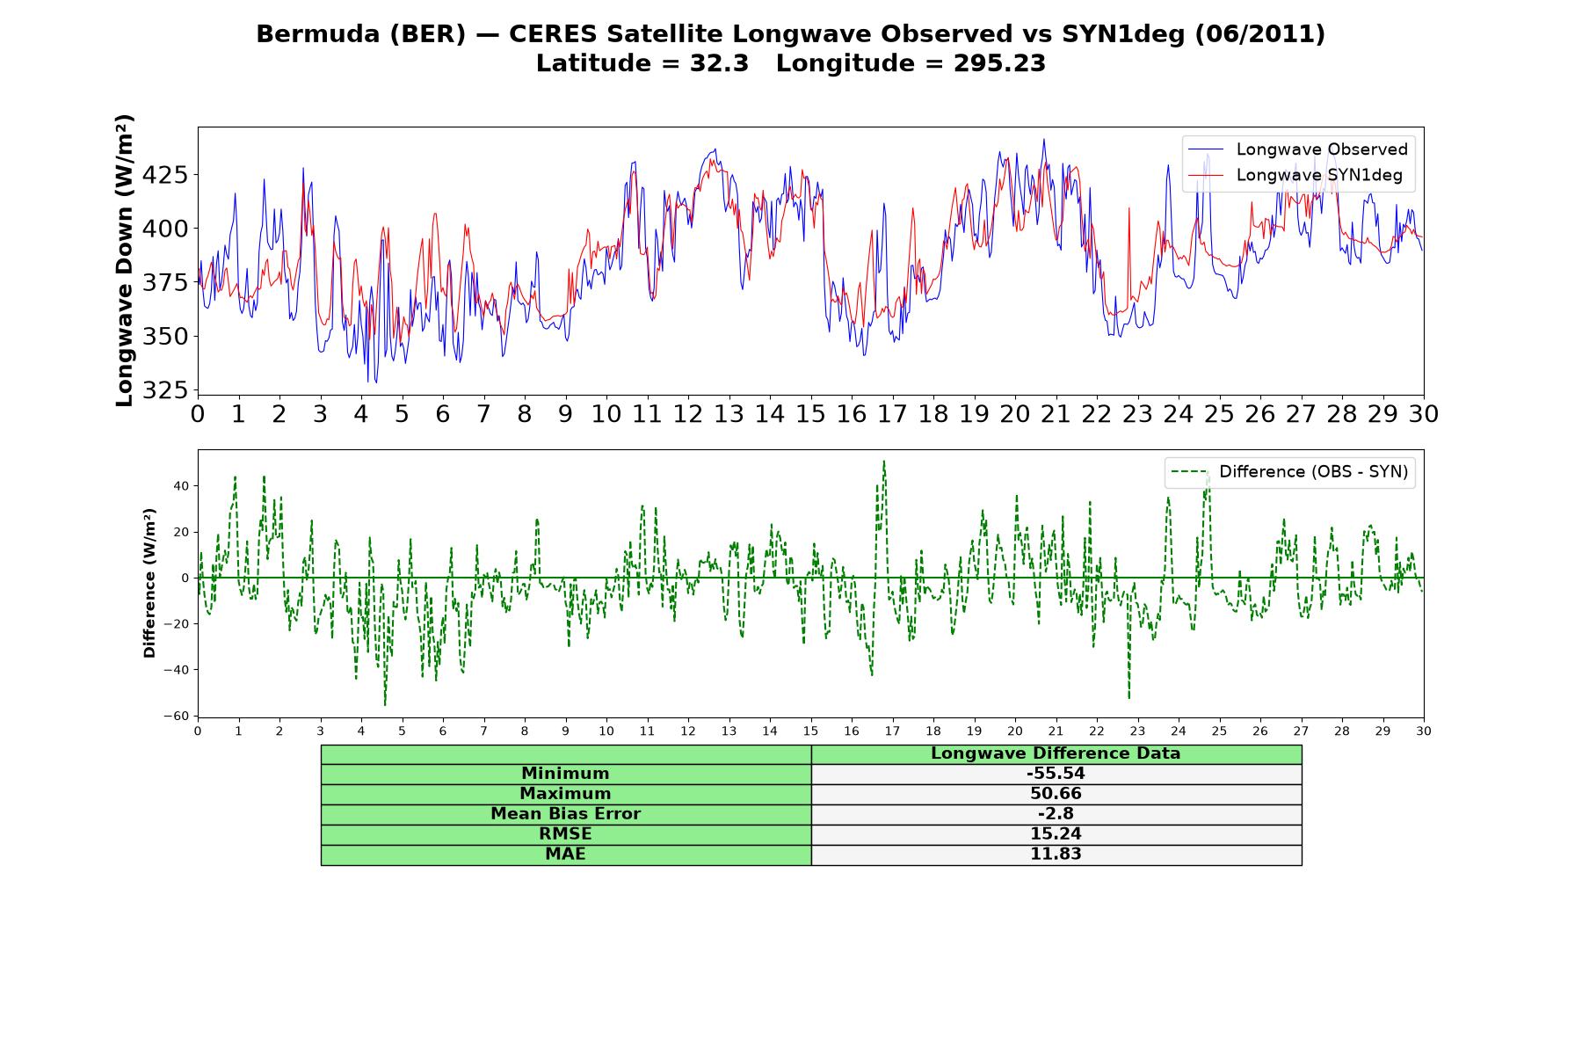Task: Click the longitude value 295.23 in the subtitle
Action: tap(999, 63)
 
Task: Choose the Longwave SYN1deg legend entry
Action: tap(1295, 175)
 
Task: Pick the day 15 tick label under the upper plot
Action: tap(810, 414)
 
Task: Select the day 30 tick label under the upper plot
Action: tap(1423, 414)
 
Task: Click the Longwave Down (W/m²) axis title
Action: tap(125, 260)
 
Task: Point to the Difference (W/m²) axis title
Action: tap(149, 583)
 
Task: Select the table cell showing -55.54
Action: tap(1056, 774)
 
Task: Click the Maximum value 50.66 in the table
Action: tap(1056, 794)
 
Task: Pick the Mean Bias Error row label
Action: tap(565, 814)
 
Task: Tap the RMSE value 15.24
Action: tap(1056, 834)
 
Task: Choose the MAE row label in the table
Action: tap(565, 855)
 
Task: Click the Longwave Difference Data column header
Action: tap(1056, 753)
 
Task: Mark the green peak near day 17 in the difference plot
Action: tap(884, 461)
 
